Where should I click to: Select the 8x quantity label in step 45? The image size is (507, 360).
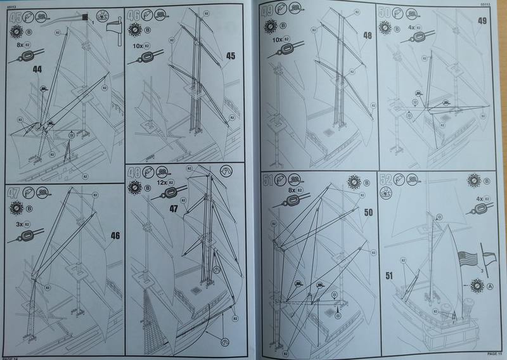point(18,45)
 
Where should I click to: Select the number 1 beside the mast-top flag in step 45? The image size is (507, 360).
point(93,23)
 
